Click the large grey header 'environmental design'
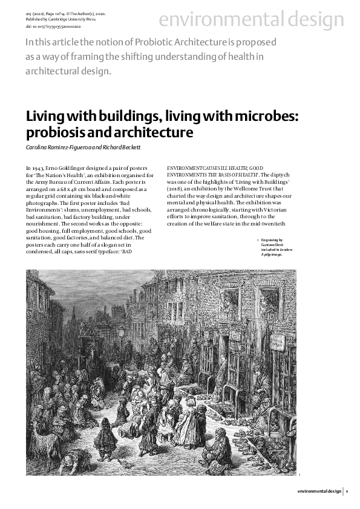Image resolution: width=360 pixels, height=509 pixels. [251, 20]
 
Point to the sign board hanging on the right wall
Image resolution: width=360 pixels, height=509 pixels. [277, 343]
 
